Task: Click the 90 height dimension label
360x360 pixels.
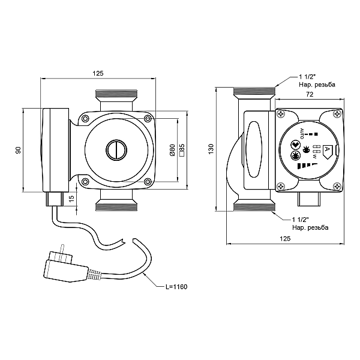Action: click(18, 150)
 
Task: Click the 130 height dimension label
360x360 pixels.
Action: click(211, 149)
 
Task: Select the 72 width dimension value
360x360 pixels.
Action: click(310, 94)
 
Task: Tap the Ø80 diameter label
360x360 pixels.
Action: click(172, 150)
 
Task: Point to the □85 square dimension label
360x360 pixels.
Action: click(182, 150)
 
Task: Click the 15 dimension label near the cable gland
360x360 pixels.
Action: click(72, 199)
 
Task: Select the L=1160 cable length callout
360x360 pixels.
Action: click(176, 287)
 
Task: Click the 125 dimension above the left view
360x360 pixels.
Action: click(98, 73)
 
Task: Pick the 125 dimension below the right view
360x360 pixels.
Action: click(285, 239)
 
